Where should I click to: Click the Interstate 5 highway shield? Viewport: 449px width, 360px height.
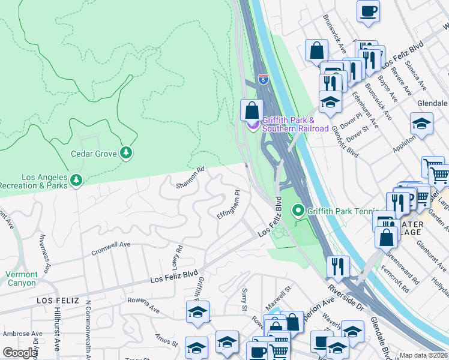click(263, 79)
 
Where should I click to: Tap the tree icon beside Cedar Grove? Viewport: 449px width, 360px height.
click(125, 154)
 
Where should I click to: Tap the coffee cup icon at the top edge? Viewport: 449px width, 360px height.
click(368, 11)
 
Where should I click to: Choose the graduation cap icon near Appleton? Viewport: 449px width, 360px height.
click(421, 124)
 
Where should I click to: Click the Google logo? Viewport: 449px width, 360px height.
click(20, 353)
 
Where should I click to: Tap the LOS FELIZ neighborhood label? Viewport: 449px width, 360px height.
click(58, 300)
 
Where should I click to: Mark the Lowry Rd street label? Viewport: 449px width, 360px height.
click(176, 257)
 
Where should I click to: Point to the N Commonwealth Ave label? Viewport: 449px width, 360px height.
click(88, 327)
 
